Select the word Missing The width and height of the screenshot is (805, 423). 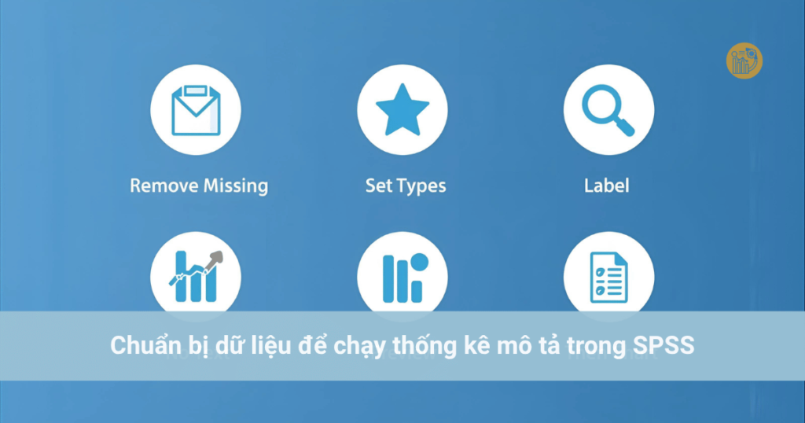click(236, 186)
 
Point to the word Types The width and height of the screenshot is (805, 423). click(421, 187)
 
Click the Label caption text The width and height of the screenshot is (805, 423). click(607, 186)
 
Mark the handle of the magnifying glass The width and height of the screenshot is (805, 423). click(623, 126)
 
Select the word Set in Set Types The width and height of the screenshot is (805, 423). click(378, 186)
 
